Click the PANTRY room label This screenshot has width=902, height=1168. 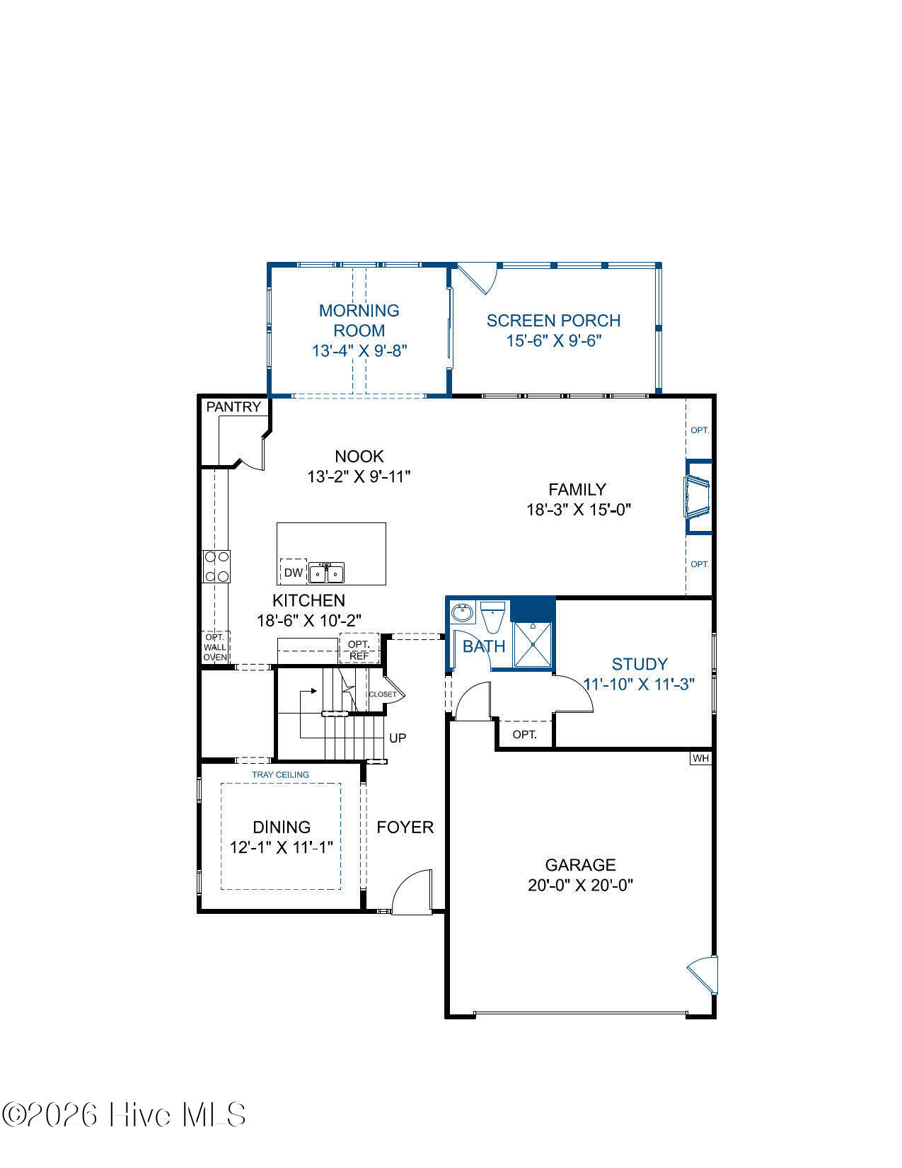[x=233, y=407]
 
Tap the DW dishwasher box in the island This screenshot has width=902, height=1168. [x=294, y=572]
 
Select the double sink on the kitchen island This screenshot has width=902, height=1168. [x=326, y=573]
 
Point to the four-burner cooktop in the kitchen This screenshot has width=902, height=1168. [x=216, y=566]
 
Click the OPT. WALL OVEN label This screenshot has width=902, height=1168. [x=215, y=647]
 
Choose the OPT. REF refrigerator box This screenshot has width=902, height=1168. [x=359, y=649]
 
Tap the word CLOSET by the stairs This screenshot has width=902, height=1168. [x=383, y=694]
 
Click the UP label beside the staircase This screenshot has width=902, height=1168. [x=398, y=738]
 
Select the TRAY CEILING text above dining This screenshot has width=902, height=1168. [x=280, y=774]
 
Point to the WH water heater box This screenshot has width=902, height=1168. [x=700, y=758]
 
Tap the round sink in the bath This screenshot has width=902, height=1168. [x=462, y=613]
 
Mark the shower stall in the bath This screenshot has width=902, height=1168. [x=533, y=644]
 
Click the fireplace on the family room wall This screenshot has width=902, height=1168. [x=698, y=497]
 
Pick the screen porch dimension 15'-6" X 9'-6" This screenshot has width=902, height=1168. [x=554, y=340]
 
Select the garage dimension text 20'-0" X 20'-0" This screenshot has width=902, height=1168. [x=580, y=885]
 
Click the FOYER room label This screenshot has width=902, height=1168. [x=405, y=828]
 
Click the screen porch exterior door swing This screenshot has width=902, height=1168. [x=477, y=280]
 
